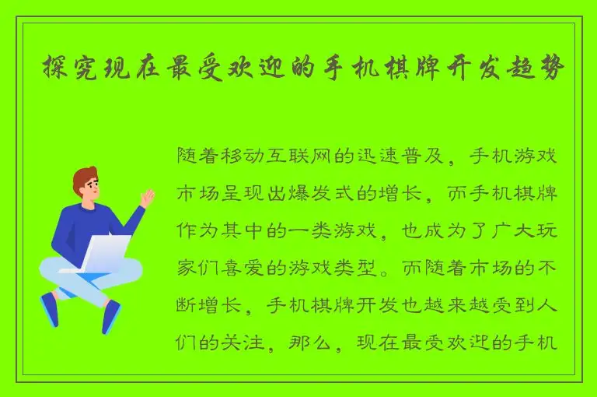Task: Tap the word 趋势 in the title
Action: [539, 69]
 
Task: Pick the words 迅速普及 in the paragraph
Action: [400, 156]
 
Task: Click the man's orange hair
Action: [83, 176]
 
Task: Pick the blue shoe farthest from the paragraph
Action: [50, 310]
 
